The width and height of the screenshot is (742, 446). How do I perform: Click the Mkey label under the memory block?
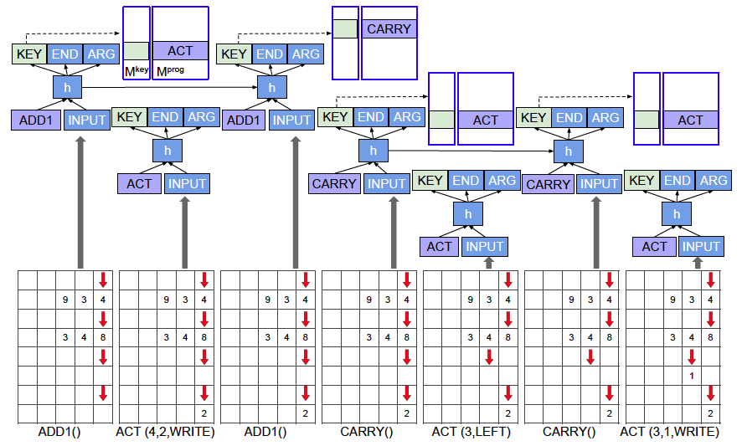pos(136,71)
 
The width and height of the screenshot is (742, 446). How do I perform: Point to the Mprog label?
pos(170,71)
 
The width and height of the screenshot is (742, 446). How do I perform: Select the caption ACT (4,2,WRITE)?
pos(165,432)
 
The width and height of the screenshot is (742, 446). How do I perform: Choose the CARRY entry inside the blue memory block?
pos(389,29)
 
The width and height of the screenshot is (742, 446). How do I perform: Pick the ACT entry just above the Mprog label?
pos(180,50)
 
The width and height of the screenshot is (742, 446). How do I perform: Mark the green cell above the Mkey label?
pos(137,50)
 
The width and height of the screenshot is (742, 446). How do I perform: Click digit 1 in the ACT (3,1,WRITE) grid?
pos(692,376)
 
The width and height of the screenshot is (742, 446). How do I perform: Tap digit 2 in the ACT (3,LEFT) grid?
pos(508,413)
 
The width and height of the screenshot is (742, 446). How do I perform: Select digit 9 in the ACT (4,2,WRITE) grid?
pos(165,300)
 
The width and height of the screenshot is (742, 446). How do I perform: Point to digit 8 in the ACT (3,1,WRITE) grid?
pos(710,338)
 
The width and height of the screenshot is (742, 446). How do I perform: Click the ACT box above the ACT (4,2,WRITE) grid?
pos(139,182)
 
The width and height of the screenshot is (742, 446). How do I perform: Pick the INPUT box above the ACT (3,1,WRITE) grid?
pos(701,246)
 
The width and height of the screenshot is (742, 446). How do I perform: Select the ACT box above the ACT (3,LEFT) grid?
pos(439,246)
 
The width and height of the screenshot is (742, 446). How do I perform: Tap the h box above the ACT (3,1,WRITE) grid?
pos(676,214)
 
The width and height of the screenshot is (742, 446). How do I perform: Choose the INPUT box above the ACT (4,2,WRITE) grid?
pos(185,182)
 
